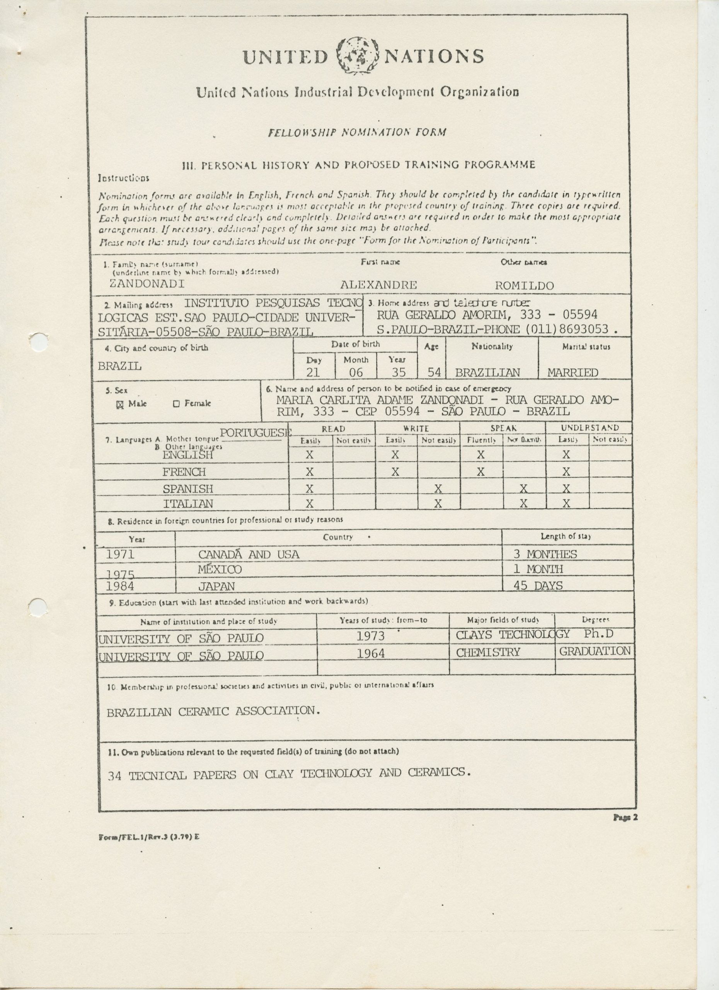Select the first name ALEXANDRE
pos(378,285)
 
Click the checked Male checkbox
pos(120,404)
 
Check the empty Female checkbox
pos(177,404)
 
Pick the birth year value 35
pos(398,372)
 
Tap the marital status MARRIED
pos(572,373)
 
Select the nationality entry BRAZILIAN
pos(487,373)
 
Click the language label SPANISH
pos(188,488)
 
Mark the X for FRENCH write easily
pos(395,471)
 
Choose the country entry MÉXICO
pos(220,569)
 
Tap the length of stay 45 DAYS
pos(538,585)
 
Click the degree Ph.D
pos(598,633)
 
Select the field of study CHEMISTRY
pos(488,652)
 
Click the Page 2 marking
pos(625,818)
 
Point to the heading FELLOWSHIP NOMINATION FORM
pos(357,132)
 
